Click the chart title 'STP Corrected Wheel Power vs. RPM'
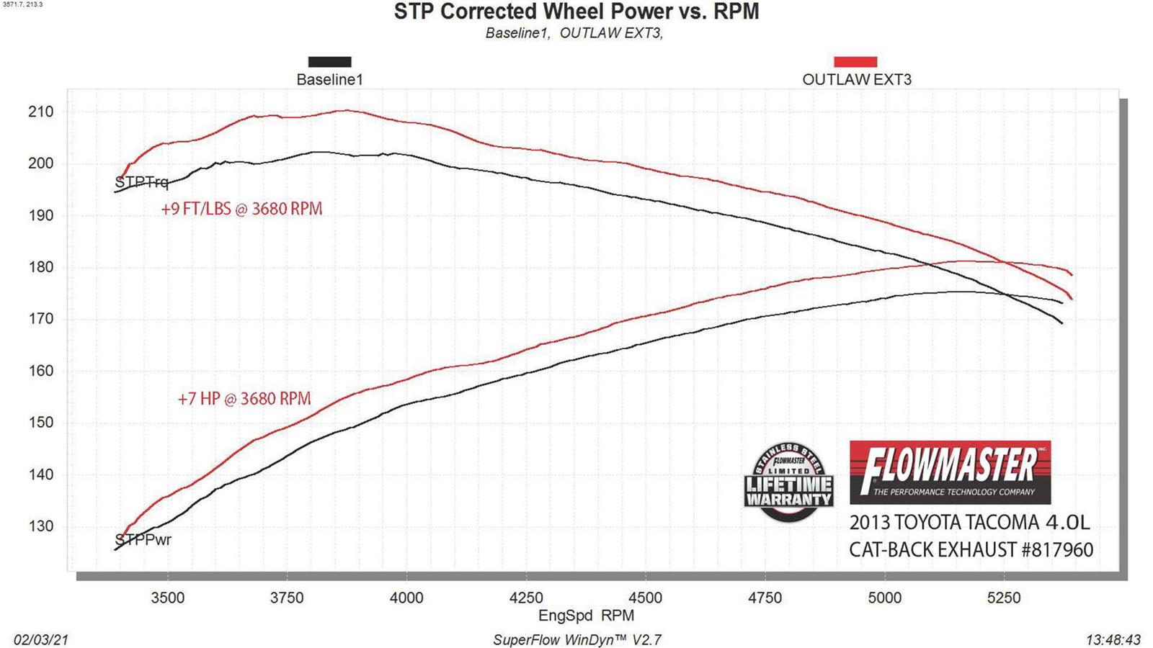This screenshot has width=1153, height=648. (x=576, y=12)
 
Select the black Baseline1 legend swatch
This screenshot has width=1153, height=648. (x=329, y=62)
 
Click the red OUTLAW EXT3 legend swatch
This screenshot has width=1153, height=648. (x=855, y=62)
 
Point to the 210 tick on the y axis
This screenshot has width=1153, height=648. (x=40, y=112)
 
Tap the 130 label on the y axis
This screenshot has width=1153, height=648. (x=40, y=526)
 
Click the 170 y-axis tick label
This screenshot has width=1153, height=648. (x=40, y=319)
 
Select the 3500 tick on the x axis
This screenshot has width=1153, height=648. (x=167, y=598)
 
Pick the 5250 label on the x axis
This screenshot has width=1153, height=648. (x=1003, y=598)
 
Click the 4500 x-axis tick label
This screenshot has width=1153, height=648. (x=645, y=598)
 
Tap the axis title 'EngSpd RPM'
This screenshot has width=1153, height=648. (x=586, y=616)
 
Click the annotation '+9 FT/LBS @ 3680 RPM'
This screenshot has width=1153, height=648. (x=241, y=209)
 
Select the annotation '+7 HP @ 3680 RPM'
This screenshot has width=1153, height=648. (x=244, y=399)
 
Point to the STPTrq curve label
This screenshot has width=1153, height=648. (x=141, y=182)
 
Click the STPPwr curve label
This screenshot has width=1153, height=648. (x=143, y=539)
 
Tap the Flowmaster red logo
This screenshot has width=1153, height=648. (x=950, y=472)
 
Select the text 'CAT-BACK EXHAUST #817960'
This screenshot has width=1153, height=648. (x=971, y=550)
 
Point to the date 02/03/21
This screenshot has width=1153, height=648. (x=41, y=640)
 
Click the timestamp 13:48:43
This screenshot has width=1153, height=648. (x=1113, y=640)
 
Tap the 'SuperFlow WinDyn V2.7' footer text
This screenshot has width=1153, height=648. (x=576, y=640)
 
